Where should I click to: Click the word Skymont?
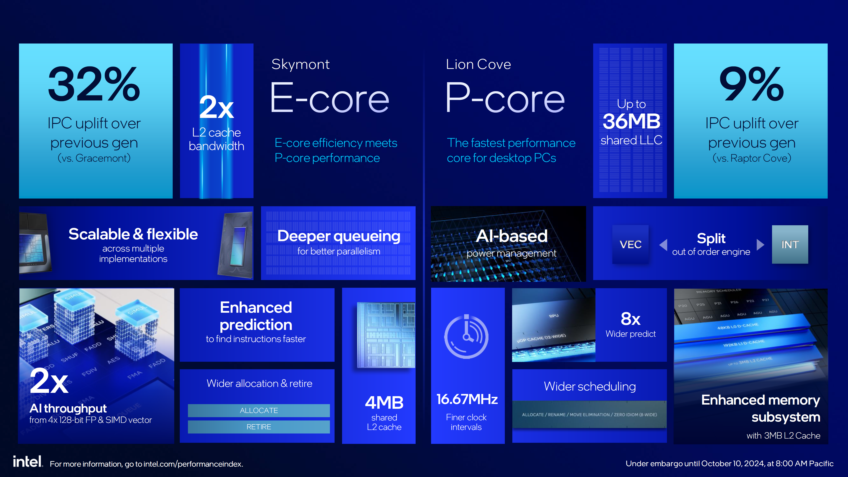pos(300,64)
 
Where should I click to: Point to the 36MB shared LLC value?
pos(631,121)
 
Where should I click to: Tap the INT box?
pos(790,244)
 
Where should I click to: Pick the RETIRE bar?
pos(259,427)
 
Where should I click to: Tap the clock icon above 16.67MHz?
pos(466,336)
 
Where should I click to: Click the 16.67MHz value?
pos(467,399)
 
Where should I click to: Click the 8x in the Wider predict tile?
pos(630,319)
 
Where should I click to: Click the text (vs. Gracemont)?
pos(94,158)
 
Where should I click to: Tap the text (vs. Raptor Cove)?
pos(751,158)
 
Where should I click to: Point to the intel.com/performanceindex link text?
pos(193,464)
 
